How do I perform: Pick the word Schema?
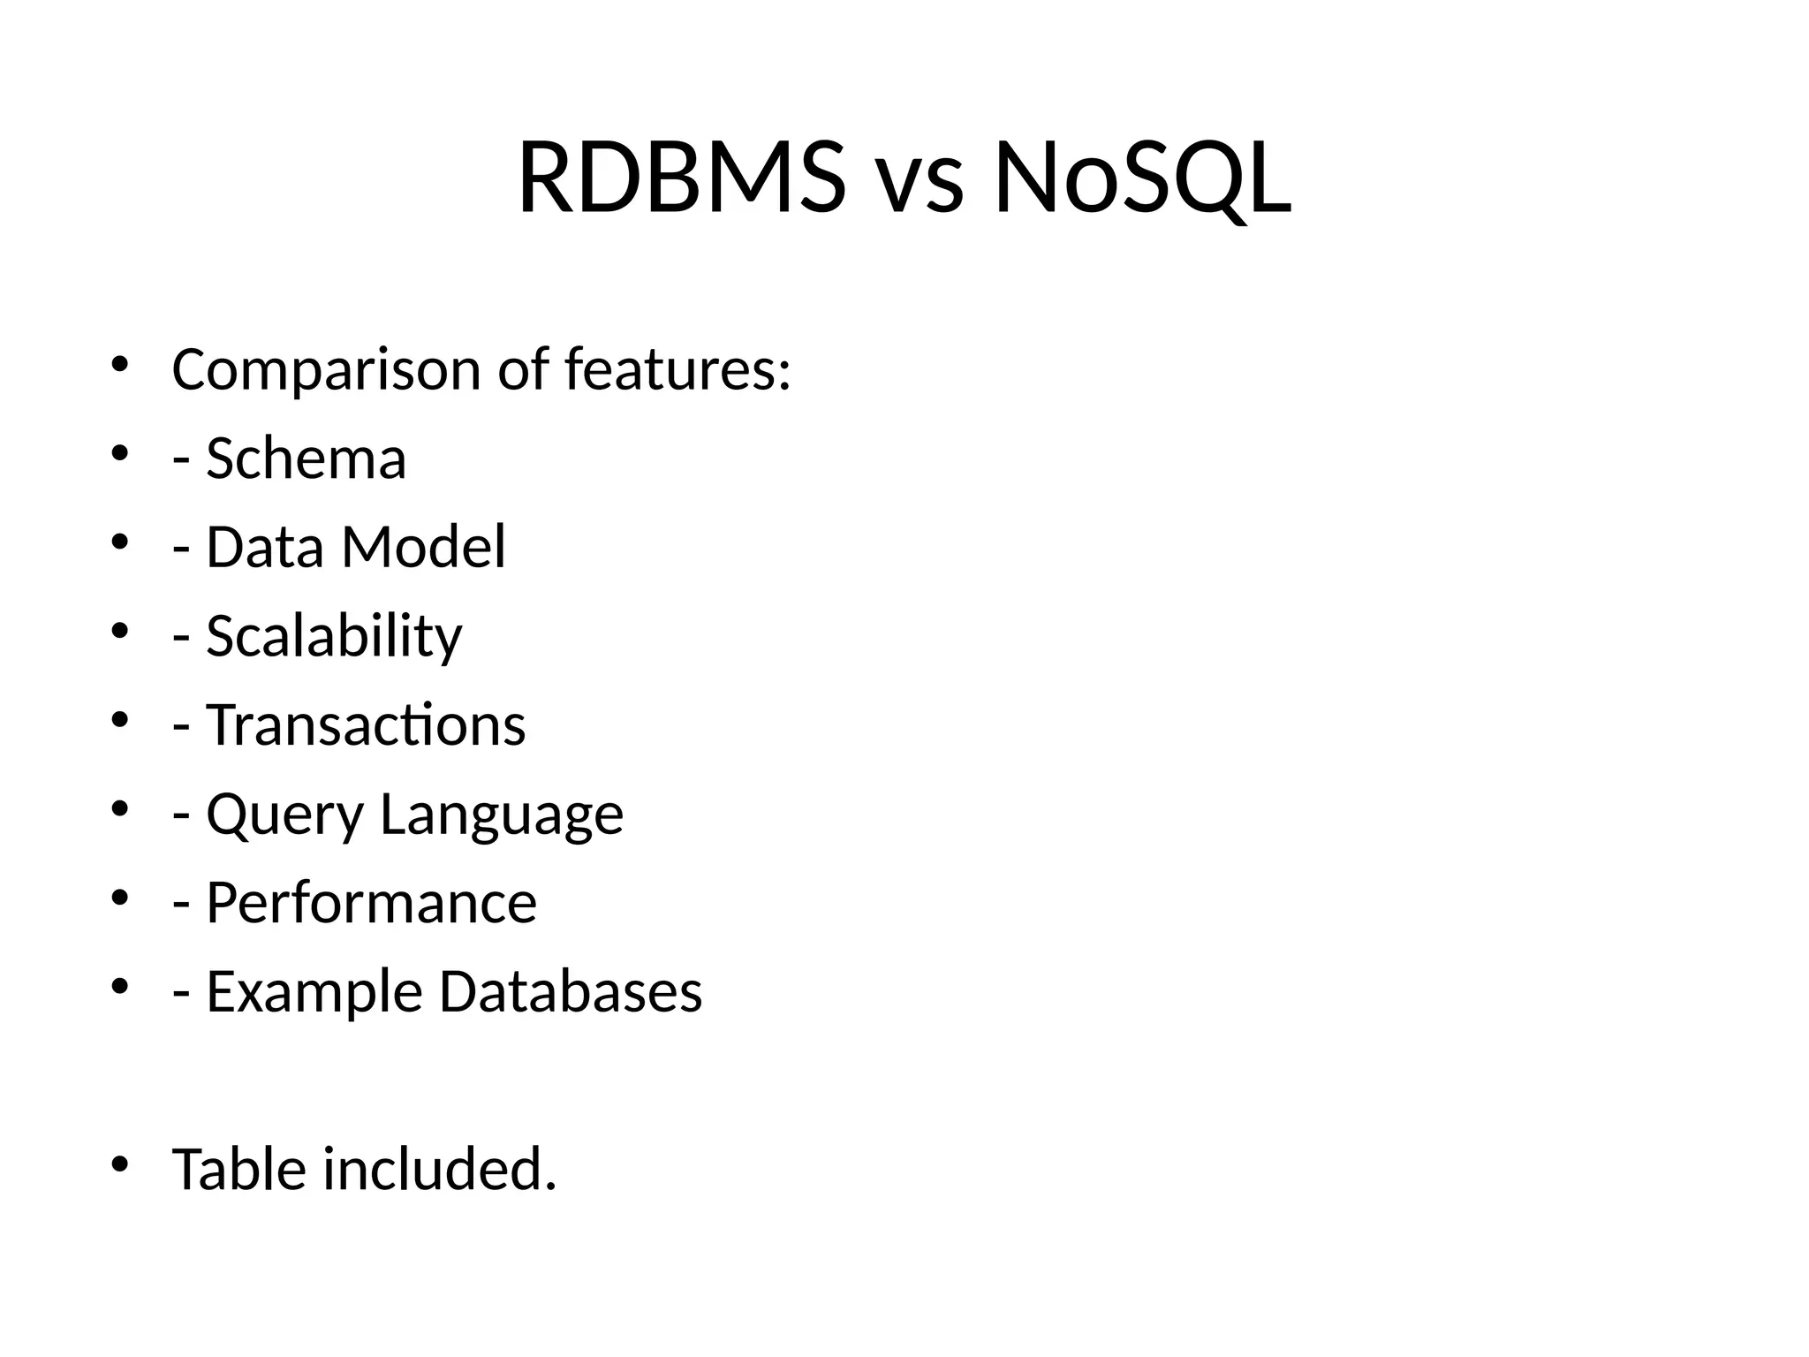click(x=306, y=459)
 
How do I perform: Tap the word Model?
click(x=424, y=547)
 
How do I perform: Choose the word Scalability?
click(x=334, y=636)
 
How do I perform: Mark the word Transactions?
click(x=366, y=725)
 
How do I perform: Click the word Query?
click(x=284, y=815)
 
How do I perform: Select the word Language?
click(x=502, y=815)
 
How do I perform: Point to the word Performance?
click(x=371, y=903)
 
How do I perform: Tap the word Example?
click(x=314, y=992)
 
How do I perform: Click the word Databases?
click(x=571, y=992)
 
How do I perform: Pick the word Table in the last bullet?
click(x=238, y=1170)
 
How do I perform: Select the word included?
click(x=440, y=1170)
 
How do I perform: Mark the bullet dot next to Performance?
click(x=120, y=897)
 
